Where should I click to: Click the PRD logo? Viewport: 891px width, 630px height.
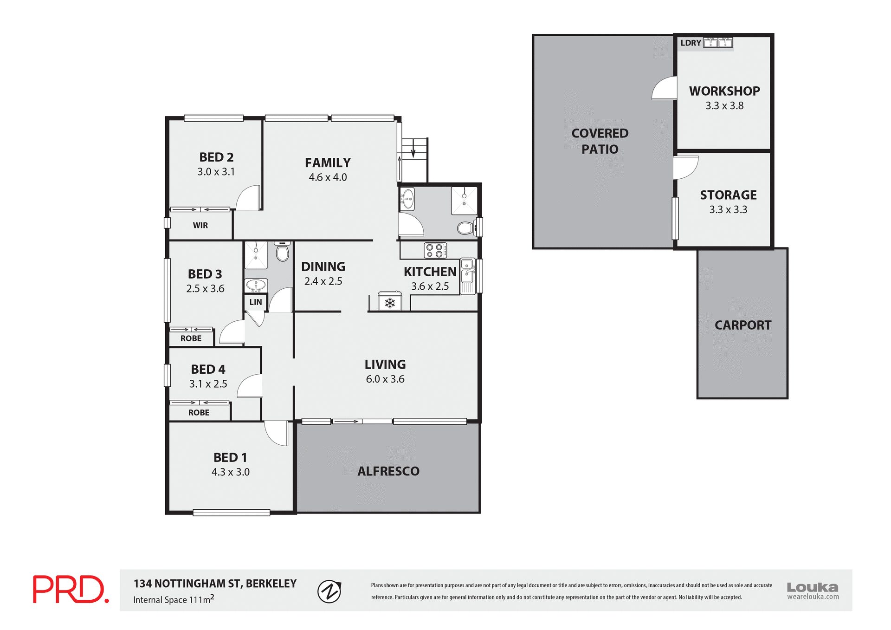point(71,589)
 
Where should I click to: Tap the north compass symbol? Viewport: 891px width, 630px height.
point(329,591)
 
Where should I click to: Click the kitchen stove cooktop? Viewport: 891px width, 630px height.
point(435,250)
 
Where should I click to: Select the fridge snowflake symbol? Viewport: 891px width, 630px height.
point(390,303)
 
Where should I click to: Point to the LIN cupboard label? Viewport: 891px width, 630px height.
point(255,302)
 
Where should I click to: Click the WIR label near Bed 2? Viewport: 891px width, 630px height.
point(200,225)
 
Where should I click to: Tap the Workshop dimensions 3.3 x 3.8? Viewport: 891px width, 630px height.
point(724,106)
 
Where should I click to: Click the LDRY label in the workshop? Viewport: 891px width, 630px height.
point(691,43)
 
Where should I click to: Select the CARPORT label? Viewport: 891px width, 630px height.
point(742,325)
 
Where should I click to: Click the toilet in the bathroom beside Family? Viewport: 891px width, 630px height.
point(465,228)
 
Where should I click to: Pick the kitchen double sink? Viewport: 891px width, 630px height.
point(467,275)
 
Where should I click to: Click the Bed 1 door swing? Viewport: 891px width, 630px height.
point(277,433)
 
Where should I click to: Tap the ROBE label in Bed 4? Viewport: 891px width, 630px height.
point(199,412)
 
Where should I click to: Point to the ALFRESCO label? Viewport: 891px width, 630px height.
point(388,471)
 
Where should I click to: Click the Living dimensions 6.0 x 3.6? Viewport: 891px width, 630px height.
point(385,379)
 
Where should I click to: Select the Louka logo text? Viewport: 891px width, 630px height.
point(812,587)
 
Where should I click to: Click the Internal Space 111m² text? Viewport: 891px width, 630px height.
point(174,599)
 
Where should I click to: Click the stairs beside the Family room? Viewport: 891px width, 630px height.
point(413,160)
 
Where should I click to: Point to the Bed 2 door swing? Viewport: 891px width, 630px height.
point(248,198)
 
